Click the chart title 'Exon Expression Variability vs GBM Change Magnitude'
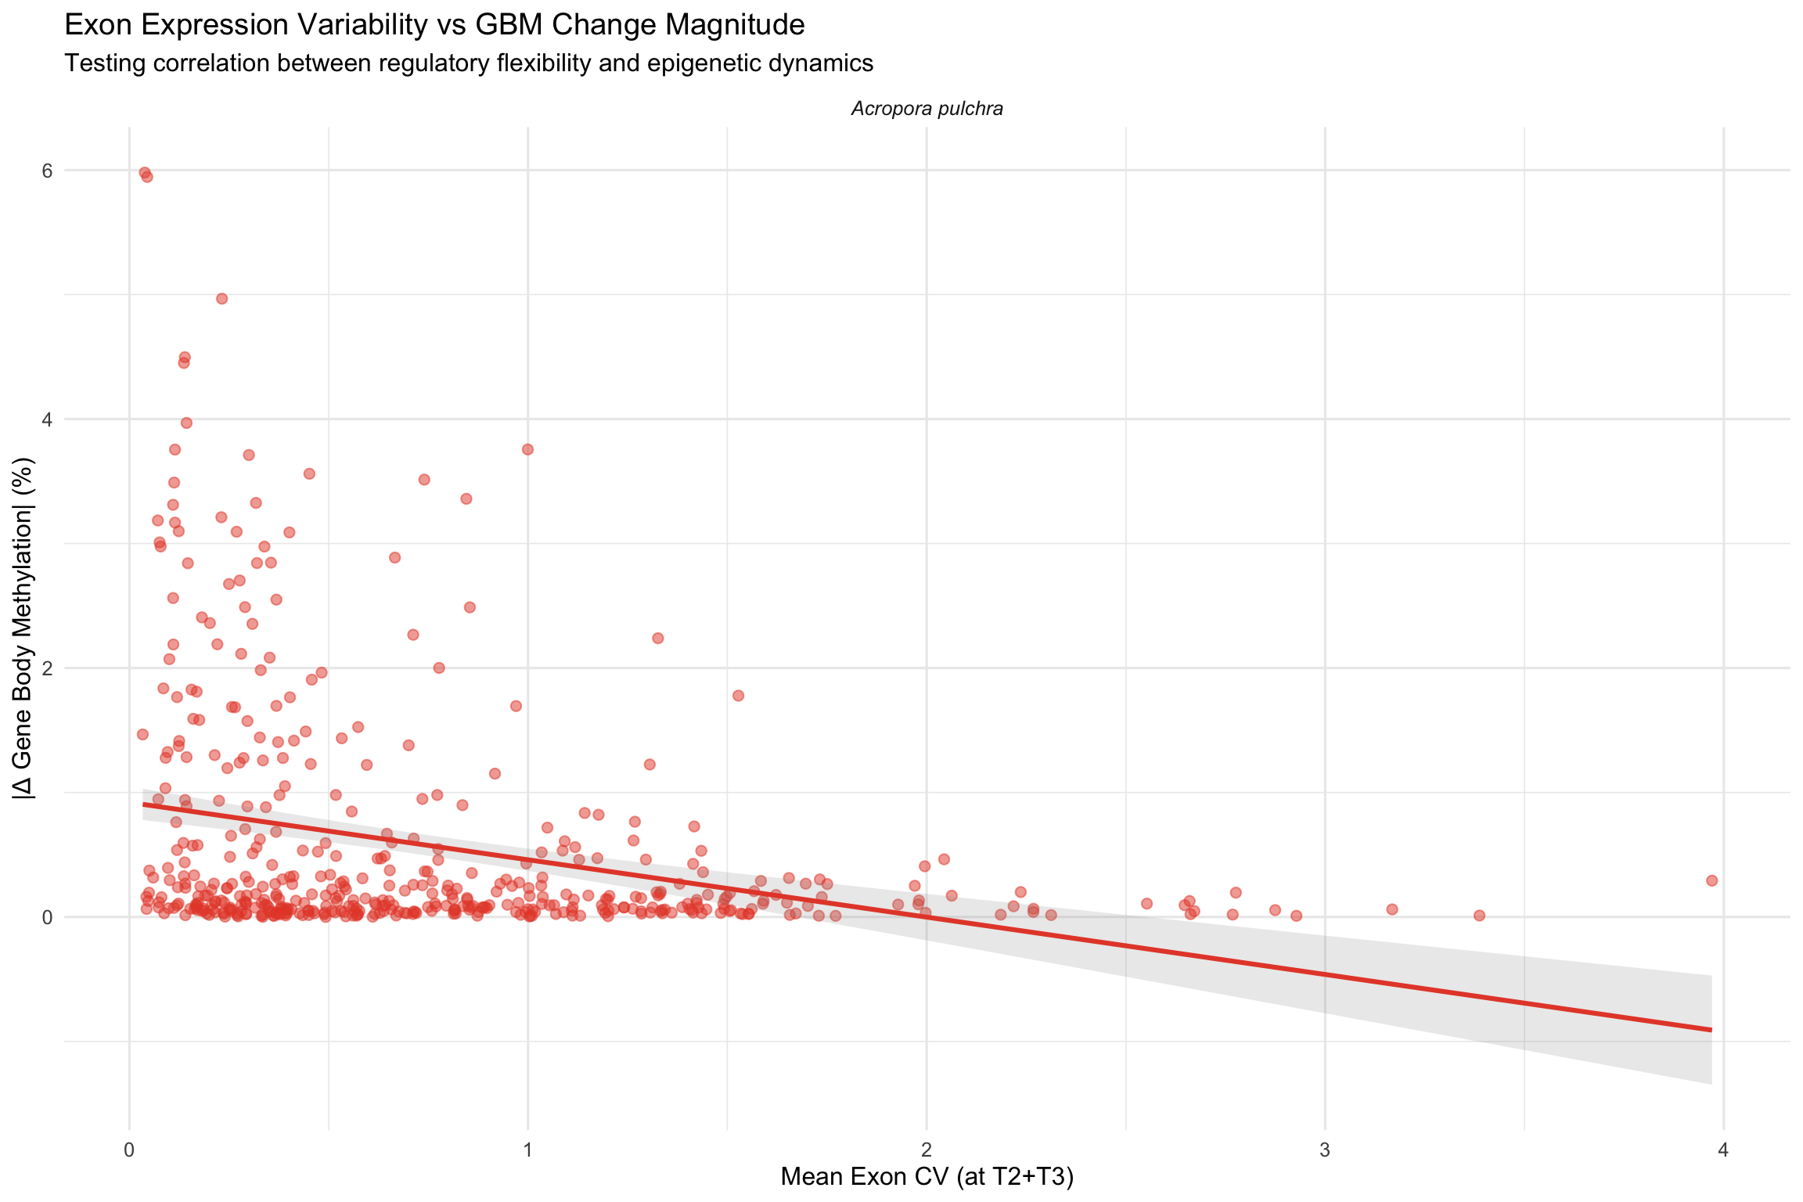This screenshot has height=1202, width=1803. [434, 25]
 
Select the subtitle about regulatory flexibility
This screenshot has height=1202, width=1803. [469, 63]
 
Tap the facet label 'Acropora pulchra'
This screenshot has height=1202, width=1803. [927, 109]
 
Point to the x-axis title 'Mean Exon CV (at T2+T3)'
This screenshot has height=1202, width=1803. [927, 1176]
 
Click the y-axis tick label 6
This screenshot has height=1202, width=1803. [48, 171]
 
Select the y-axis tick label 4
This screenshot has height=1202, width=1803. [48, 419]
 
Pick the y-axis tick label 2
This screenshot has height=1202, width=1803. [48, 668]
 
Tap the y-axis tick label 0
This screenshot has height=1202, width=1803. [48, 917]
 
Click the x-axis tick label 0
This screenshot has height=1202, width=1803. [129, 1150]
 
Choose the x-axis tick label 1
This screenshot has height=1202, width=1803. [527, 1150]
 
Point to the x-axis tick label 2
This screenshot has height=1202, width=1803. [927, 1150]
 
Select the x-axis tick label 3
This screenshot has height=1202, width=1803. [1325, 1150]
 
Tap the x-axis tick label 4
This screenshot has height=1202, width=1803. [1723, 1150]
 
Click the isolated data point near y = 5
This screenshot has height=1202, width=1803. [221, 298]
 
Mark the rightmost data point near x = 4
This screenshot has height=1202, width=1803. [1711, 880]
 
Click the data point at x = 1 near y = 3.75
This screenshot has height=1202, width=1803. [527, 449]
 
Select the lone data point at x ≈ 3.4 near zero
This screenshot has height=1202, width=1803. [1479, 916]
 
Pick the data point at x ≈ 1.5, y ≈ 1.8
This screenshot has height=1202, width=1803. [738, 696]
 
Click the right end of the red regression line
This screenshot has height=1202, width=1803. [1711, 1030]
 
